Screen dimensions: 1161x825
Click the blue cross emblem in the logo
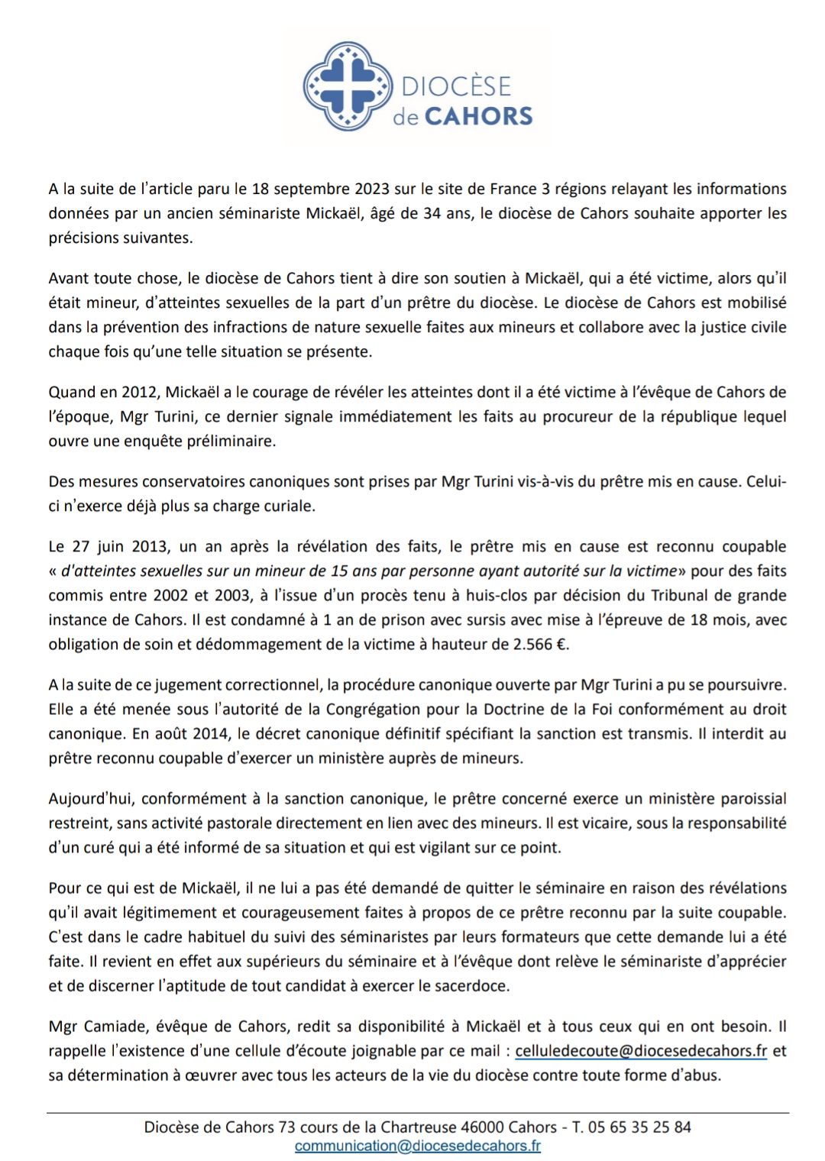coord(345,86)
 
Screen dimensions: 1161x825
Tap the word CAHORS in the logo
coord(478,116)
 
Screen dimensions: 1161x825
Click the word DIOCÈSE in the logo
coord(456,86)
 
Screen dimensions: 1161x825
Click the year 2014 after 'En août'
coord(212,733)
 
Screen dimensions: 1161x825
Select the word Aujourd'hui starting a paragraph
coord(90,798)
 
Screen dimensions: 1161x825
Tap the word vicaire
coord(598,823)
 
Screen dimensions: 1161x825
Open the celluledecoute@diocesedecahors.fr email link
coord(641,1050)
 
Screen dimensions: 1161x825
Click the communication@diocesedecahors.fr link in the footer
coord(418,1145)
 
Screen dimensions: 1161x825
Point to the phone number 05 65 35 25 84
coord(640,1127)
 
